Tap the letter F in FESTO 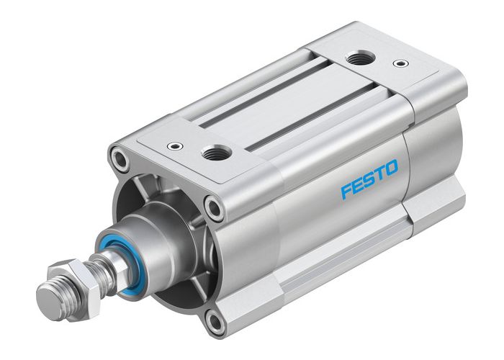(346, 192)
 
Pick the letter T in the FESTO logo (379, 176)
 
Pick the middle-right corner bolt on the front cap (214, 208)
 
